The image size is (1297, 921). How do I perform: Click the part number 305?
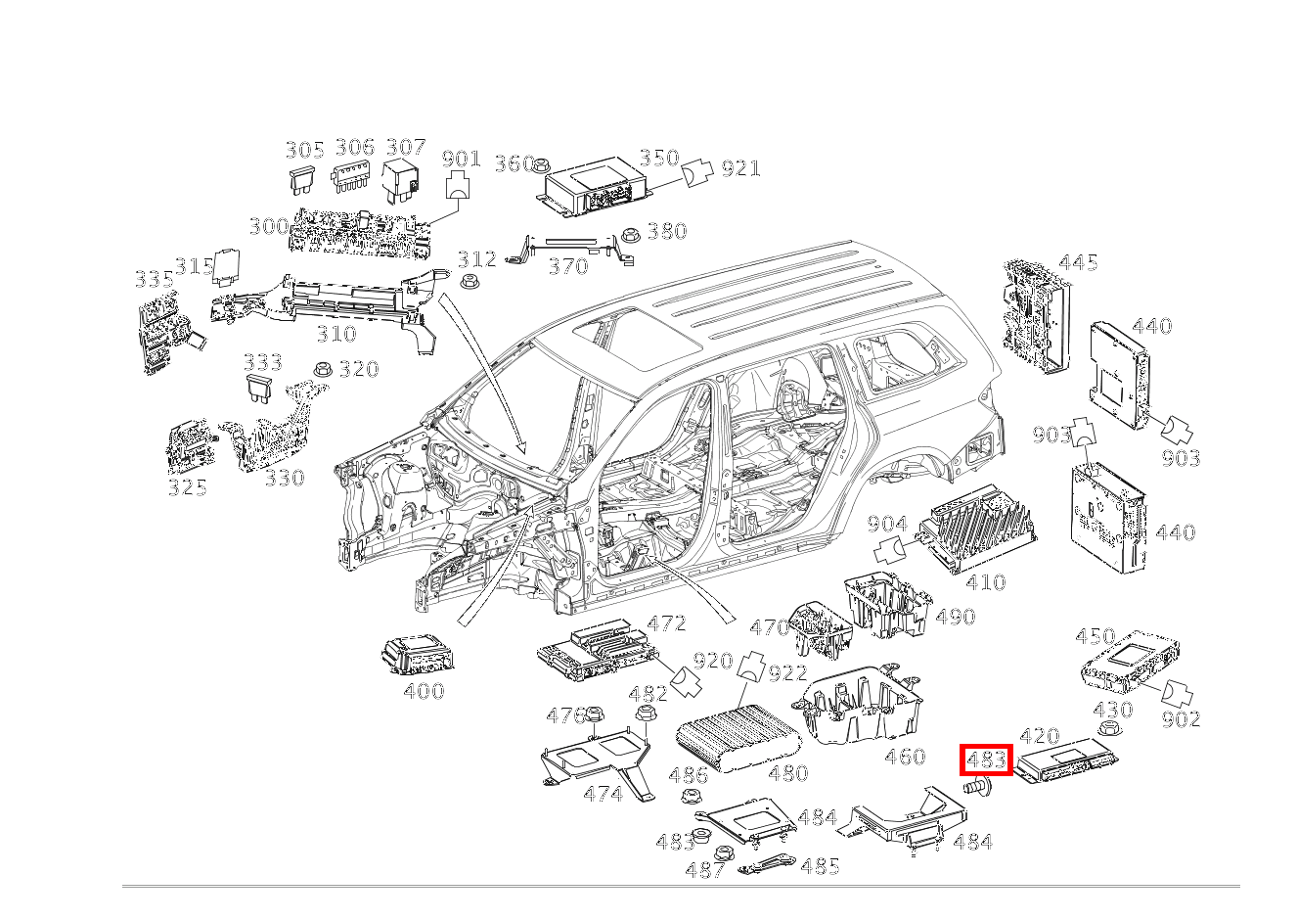(305, 151)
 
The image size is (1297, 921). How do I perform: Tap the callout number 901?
(462, 160)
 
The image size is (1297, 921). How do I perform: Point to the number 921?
(740, 169)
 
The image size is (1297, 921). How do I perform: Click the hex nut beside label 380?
(629, 236)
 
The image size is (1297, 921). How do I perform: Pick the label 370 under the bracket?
(568, 267)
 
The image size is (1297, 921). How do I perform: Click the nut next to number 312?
(469, 283)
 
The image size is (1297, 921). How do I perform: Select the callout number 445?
(1078, 263)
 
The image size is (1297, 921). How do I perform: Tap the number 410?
(986, 582)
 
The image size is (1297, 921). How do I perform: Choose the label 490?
(956, 617)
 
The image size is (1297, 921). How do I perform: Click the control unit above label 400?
(418, 655)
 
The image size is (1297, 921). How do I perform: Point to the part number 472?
(666, 623)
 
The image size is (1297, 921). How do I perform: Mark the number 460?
(906, 757)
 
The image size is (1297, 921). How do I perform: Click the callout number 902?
(1182, 719)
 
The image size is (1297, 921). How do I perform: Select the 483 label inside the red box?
(987, 760)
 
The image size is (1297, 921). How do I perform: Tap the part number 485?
(820, 866)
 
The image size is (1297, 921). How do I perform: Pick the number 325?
(188, 487)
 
